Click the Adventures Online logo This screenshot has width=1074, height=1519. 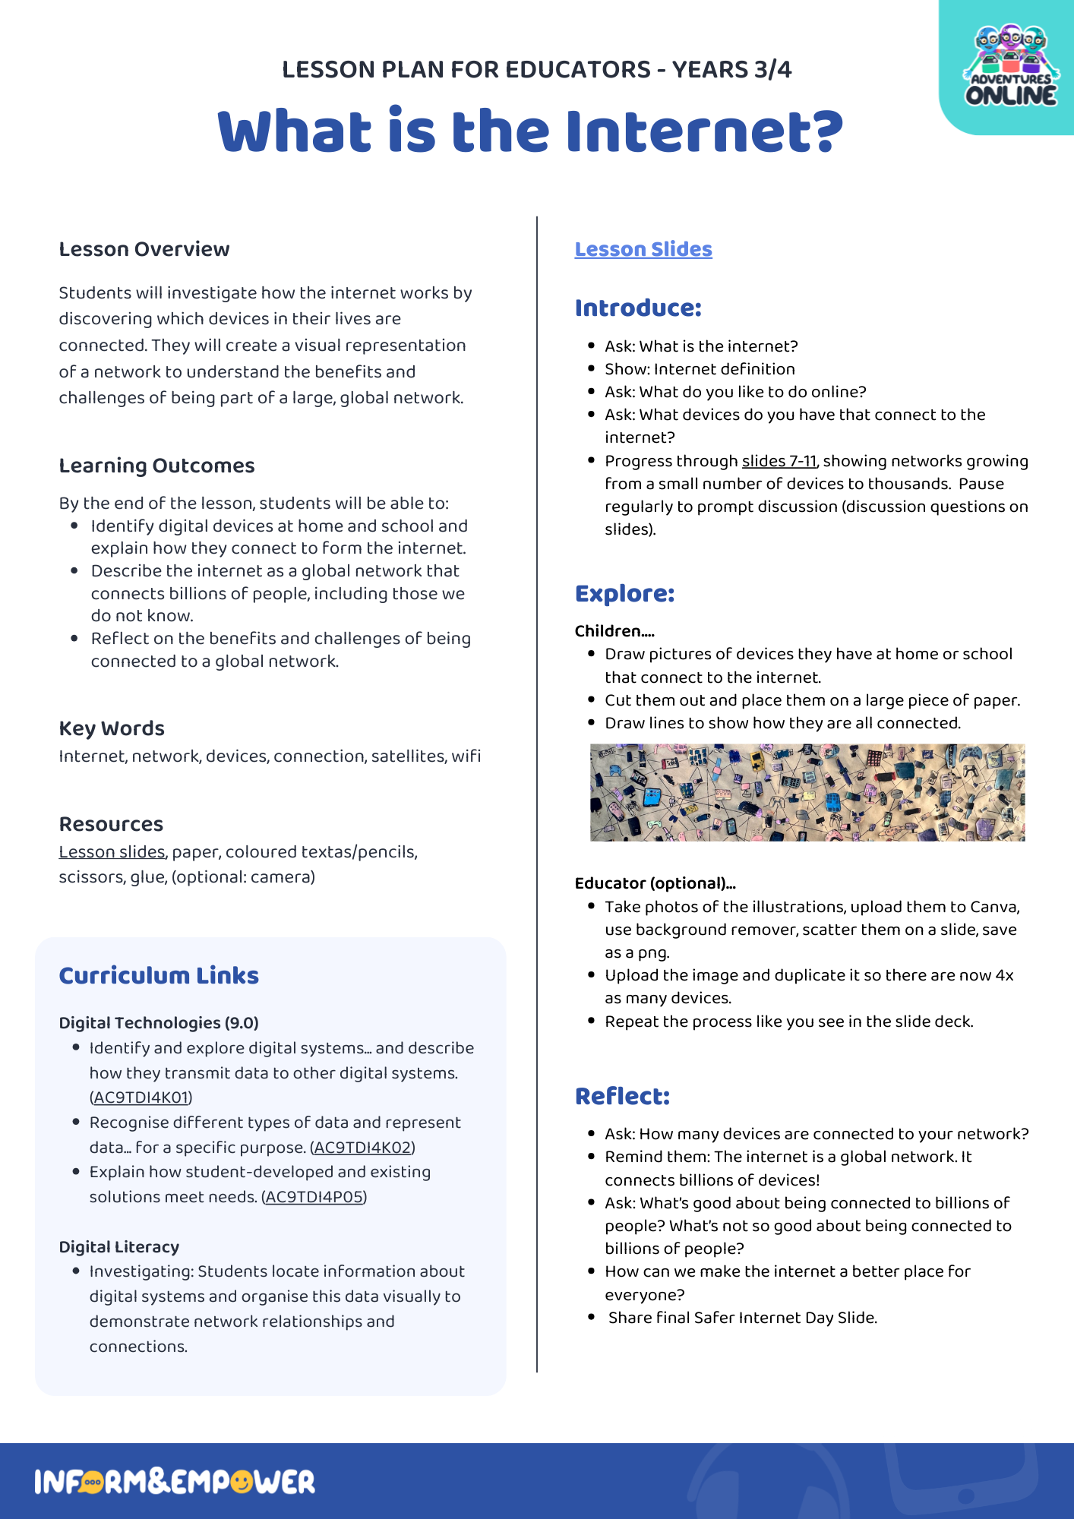[1010, 67]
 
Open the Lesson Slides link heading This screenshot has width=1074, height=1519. [643, 249]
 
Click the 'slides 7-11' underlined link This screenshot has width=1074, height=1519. [779, 461]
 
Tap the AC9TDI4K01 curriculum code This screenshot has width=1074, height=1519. [141, 1097]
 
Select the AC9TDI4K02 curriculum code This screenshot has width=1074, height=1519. [362, 1148]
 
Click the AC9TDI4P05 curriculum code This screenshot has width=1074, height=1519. [314, 1197]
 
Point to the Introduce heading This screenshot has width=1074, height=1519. [637, 308]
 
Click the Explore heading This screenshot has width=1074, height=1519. [624, 593]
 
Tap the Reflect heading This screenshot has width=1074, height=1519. [622, 1096]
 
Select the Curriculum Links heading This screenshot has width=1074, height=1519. [159, 975]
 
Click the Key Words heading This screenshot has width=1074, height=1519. [112, 728]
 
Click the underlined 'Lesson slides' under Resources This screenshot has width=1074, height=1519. [112, 852]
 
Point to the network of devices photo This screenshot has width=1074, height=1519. [807, 792]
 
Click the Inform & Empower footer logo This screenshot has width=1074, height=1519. [175, 1482]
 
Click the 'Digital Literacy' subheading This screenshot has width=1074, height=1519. [119, 1247]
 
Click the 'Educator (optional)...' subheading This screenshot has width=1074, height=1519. [655, 883]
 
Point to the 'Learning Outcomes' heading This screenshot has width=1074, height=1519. [156, 466]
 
